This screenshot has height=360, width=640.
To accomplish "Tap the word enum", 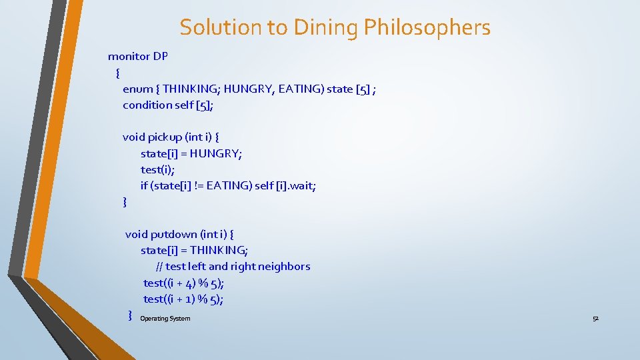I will pos(137,89).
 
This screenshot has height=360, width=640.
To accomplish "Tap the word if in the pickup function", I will pos(144,186).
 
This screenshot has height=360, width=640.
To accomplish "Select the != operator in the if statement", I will pos(198,186).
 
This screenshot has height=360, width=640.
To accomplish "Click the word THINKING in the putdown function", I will pos(219,251).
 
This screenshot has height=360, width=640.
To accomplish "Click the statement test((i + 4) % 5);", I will pos(183,283).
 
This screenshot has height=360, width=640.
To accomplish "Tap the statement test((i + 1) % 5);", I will pos(183,299).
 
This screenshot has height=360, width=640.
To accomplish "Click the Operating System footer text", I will pos(165,319).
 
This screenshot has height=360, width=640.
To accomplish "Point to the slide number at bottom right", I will pos(595,319).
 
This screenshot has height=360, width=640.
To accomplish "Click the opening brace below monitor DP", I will pos(117,73).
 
